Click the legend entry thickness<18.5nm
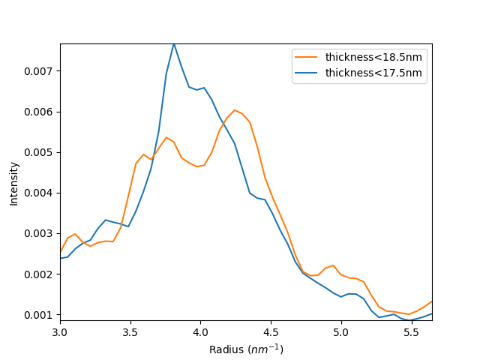tap(373, 56)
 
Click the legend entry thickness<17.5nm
tap(373, 73)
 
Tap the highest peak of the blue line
tap(174, 43)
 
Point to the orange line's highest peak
tap(235, 110)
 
